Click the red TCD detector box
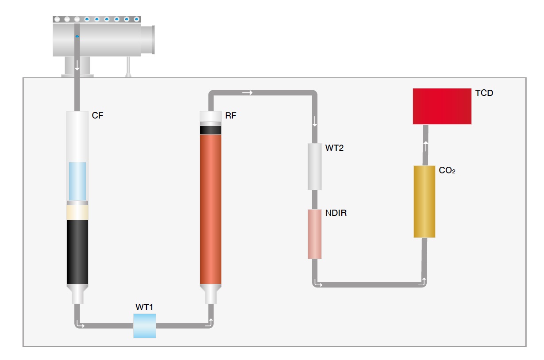[442, 106]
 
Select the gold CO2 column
[424, 201]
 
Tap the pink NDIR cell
[315, 234]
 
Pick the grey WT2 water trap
[315, 166]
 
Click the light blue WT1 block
[145, 326]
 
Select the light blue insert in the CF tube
[77, 181]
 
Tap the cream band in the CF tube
[77, 212]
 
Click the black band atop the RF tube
[210, 130]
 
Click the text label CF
[97, 116]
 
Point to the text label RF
[231, 116]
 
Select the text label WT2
[334, 148]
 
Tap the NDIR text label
[336, 213]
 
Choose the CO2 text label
[447, 171]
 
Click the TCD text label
[484, 93]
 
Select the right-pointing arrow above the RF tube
[248, 93]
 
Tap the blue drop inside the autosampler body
[77, 36]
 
